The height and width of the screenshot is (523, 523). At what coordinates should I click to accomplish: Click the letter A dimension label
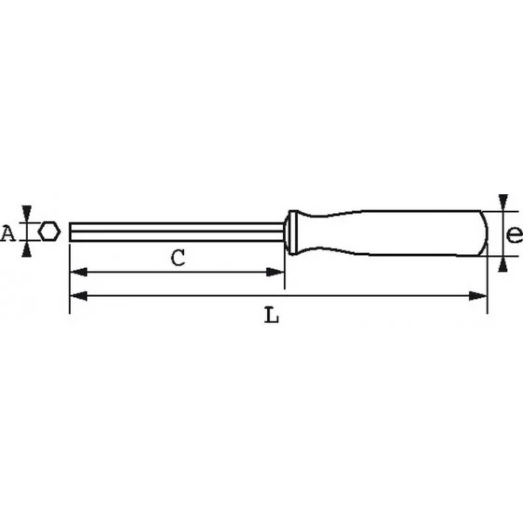pos(8,233)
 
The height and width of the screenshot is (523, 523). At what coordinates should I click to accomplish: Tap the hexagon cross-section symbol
pos(48,232)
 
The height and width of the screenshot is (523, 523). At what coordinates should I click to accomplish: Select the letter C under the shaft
pos(176,259)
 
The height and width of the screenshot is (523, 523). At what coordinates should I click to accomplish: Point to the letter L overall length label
pos(271,316)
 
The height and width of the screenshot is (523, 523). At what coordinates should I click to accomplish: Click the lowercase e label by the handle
pos(513,234)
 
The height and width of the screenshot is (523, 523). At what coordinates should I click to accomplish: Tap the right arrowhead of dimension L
pos(480,296)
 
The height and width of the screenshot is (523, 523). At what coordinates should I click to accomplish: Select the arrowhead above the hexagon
pos(29,214)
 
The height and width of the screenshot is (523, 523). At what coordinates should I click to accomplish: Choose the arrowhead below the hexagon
pos(29,248)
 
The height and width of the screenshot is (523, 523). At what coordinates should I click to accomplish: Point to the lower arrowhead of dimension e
pos(503,264)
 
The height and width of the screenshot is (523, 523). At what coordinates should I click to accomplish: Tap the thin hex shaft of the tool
pos(177,231)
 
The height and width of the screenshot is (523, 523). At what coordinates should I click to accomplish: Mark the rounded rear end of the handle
pos(483,233)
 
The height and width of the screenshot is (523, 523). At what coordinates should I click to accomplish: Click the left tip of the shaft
pos(72,231)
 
